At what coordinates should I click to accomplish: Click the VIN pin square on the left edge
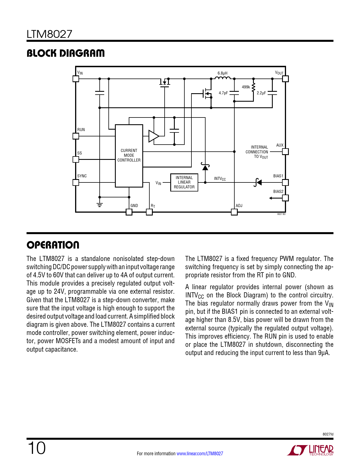[76, 79]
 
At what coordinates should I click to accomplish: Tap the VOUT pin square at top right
[285, 79]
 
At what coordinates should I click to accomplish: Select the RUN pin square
[76, 136]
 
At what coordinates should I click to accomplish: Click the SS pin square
[76, 159]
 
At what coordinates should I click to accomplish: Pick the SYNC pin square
[76, 182]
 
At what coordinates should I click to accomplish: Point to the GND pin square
[129, 212]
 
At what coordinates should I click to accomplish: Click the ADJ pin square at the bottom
[234, 212]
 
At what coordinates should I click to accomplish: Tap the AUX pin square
[285, 152]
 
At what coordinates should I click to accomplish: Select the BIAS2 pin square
[285, 198]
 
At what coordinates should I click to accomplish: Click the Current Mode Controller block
[129, 156]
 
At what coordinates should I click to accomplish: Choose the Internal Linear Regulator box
[184, 182]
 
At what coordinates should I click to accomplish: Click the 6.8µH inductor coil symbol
[223, 78]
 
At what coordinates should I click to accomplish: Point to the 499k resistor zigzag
[253, 87]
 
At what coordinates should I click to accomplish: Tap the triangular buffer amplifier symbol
[154, 136]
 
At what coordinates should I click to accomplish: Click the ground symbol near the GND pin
[99, 204]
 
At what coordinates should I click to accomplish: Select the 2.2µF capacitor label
[261, 93]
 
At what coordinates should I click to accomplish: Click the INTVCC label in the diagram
[220, 179]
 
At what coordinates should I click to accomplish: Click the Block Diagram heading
[66, 53]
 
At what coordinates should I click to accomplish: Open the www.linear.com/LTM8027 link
[200, 454]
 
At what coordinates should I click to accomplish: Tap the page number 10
[36, 448]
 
